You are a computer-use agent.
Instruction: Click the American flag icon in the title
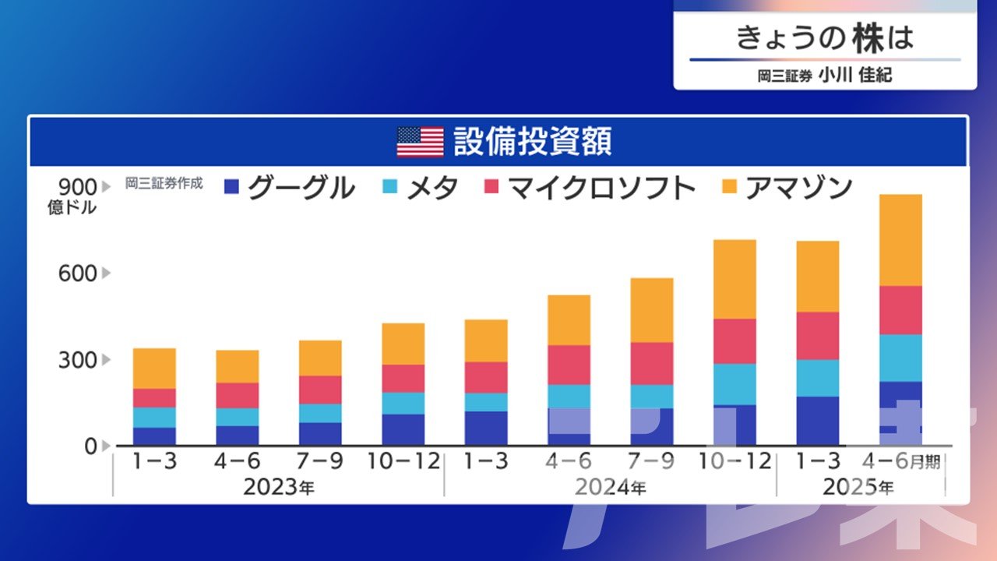420,142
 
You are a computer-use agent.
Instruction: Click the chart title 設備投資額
533,142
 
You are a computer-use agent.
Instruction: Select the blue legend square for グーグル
231,187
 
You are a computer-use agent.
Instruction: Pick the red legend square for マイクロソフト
492,187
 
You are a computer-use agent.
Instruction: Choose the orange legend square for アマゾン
729,187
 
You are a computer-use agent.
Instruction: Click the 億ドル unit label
72,208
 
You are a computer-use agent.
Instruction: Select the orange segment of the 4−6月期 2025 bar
900,240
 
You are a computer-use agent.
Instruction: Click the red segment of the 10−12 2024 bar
735,341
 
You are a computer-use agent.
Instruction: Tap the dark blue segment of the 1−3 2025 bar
818,421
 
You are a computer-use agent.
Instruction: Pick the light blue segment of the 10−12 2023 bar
403,403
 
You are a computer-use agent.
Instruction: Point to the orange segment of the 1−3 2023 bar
154,368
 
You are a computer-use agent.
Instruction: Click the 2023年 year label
280,489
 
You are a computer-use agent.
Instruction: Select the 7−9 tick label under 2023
320,461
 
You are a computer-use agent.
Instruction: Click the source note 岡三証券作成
164,184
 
